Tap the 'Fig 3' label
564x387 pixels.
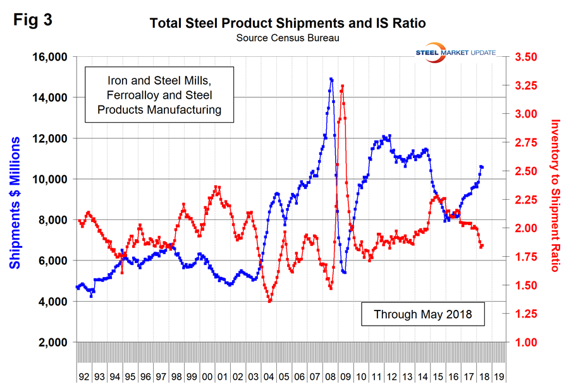click(x=32, y=19)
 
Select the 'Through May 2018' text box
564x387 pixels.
click(x=422, y=314)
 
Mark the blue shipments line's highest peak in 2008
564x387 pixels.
click(x=331, y=80)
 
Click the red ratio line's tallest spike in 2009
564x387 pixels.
click(x=342, y=86)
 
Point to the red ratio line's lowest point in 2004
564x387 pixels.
click(x=270, y=301)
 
